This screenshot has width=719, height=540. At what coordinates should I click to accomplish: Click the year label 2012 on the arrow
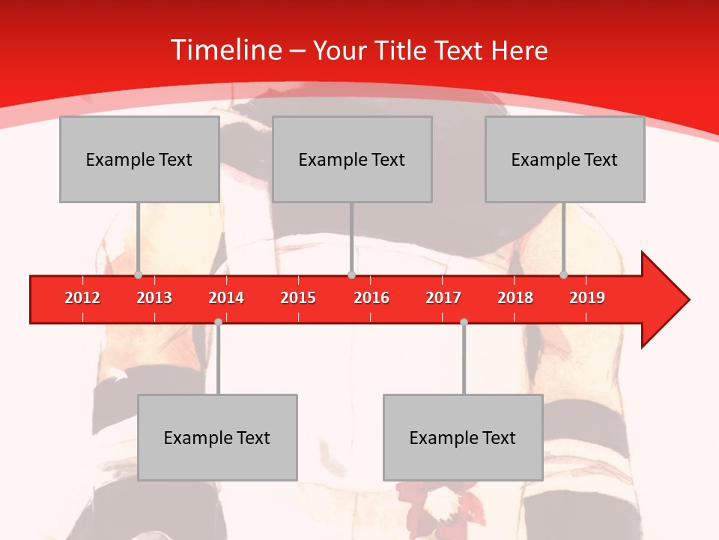82,298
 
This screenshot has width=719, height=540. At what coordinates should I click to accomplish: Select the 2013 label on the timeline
154,298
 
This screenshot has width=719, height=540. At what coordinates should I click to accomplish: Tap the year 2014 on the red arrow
226,298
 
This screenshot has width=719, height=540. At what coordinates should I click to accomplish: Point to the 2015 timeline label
298,298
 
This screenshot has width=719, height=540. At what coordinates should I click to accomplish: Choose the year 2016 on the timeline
371,298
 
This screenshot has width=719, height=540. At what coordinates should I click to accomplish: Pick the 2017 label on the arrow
443,298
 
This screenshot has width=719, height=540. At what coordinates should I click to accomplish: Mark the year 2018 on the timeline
515,298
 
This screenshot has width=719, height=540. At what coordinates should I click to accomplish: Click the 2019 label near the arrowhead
587,298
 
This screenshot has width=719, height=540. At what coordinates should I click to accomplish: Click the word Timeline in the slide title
225,50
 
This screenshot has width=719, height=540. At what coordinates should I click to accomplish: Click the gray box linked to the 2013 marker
139,159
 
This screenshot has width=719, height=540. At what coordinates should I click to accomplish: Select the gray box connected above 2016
352,159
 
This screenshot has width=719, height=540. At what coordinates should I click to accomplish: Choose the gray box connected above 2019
565,159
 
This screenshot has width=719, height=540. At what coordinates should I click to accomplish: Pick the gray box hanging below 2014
217,437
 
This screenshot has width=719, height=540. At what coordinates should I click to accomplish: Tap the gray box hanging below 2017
463,437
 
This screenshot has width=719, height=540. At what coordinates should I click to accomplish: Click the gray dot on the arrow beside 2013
138,275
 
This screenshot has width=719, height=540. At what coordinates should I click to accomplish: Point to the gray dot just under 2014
218,322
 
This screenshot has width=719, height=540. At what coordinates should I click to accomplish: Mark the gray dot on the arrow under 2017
464,322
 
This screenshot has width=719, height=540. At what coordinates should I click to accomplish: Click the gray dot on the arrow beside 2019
563,275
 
